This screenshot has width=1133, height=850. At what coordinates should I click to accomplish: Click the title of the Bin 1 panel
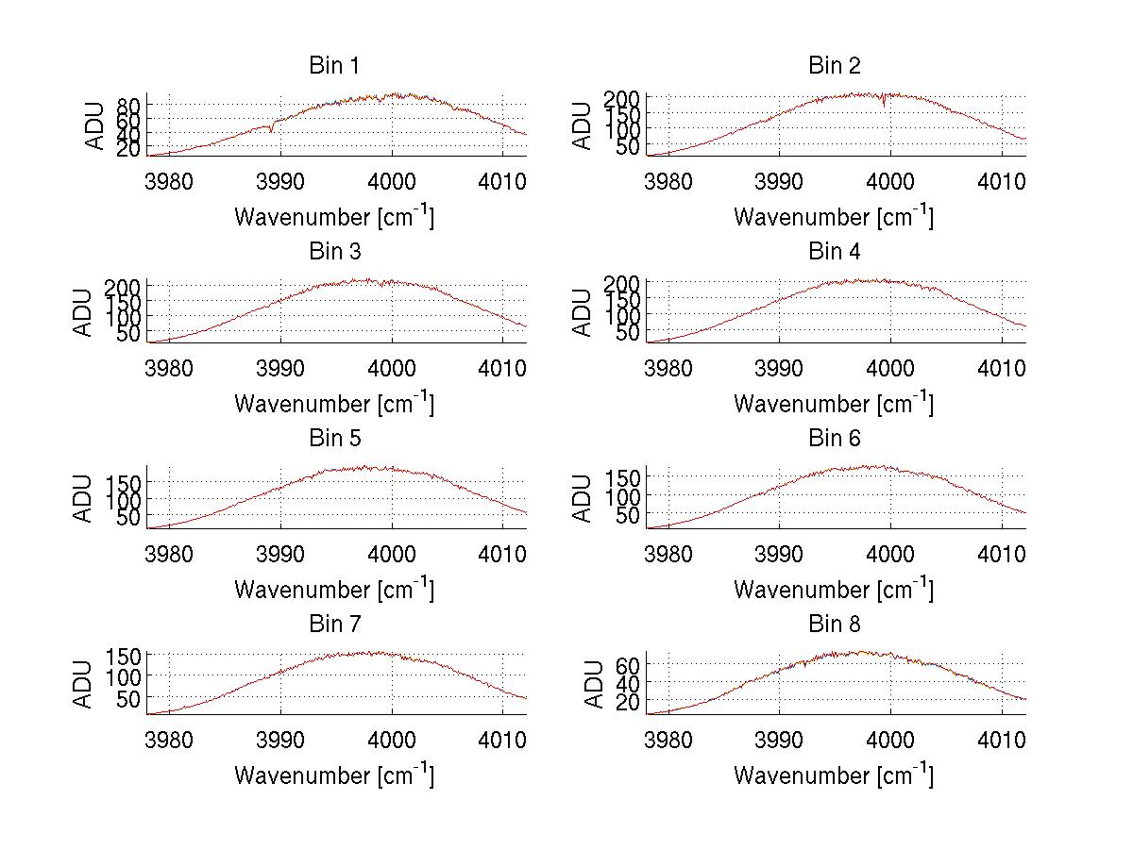tap(334, 66)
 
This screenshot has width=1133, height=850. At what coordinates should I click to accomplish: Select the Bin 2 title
tap(835, 66)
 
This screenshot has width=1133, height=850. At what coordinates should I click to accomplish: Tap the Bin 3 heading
tap(334, 252)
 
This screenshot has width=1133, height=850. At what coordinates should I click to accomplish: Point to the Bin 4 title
tap(835, 252)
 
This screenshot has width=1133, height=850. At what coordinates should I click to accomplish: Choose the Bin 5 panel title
tap(334, 439)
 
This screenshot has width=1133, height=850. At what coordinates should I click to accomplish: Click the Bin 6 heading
tap(835, 439)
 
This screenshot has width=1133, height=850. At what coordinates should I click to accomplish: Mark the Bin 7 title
tap(334, 625)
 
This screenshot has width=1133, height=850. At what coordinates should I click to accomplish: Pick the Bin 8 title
tap(835, 625)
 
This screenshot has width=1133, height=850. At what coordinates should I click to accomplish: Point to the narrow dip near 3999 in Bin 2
tap(884, 105)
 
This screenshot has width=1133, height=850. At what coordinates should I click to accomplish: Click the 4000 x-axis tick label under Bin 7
tap(391, 739)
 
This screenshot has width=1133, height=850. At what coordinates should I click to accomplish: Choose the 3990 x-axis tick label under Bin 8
tap(779, 739)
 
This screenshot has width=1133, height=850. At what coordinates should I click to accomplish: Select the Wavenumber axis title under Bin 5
tap(334, 590)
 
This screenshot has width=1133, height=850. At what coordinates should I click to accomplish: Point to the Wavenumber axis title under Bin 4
tap(834, 404)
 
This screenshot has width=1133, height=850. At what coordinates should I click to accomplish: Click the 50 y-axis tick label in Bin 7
tap(130, 698)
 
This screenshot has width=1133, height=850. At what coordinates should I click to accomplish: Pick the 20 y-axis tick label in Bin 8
tap(630, 702)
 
